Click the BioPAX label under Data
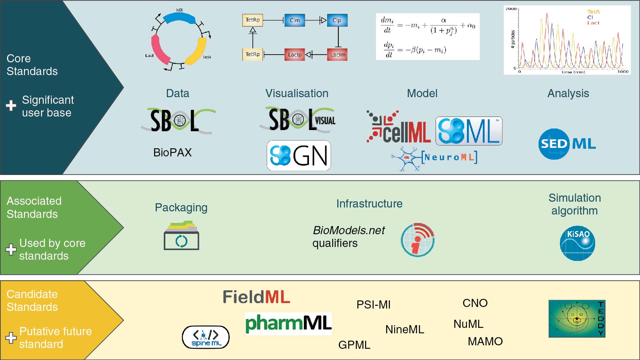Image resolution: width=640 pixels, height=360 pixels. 172,153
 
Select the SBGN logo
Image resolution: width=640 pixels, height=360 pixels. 299,156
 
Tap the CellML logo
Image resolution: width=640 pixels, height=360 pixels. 399,128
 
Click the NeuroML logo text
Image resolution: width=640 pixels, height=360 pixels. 449,157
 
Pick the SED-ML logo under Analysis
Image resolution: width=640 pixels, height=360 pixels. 567,144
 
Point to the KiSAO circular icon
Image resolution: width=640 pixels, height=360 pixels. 577,243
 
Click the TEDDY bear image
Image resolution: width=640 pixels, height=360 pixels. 577,319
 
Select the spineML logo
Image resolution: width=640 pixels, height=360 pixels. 206,337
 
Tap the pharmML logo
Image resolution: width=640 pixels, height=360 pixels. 288,324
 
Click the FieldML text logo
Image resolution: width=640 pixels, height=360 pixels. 256,297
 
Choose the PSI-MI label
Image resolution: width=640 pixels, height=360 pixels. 373,305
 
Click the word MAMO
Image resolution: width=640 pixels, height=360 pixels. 485,341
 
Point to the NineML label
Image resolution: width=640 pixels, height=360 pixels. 405,329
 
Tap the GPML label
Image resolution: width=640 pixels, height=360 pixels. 354,345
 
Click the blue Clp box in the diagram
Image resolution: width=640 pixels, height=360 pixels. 337,21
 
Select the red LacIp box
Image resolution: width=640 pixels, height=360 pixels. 295,55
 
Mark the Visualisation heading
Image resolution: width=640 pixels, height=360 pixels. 297,93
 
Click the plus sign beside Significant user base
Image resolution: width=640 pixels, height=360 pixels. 11,105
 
